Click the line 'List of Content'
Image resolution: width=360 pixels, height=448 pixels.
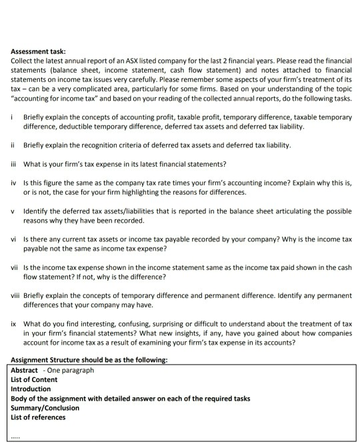click(x=35, y=379)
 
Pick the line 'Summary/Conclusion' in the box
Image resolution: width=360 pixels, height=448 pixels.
click(x=45, y=407)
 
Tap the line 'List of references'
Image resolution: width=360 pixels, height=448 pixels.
click(x=39, y=417)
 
